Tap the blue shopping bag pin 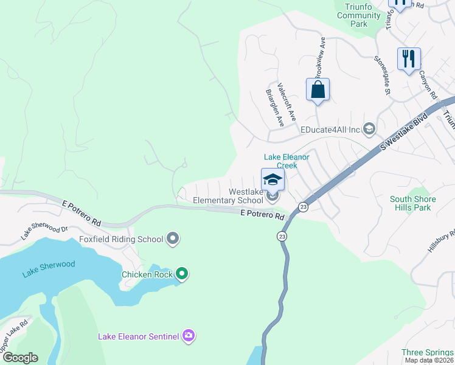click(318, 90)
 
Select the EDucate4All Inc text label click(330, 129)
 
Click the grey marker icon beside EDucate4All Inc click(369, 128)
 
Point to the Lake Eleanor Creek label click(286, 161)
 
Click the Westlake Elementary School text click(228, 196)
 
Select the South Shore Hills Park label click(413, 203)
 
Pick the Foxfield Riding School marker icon click(173, 238)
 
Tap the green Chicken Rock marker click(182, 274)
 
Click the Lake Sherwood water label click(49, 269)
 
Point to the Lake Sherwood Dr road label click(44, 229)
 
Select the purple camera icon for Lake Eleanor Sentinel click(189, 336)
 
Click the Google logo click(19, 358)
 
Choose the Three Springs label click(427, 353)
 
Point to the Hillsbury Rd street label click(441, 244)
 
